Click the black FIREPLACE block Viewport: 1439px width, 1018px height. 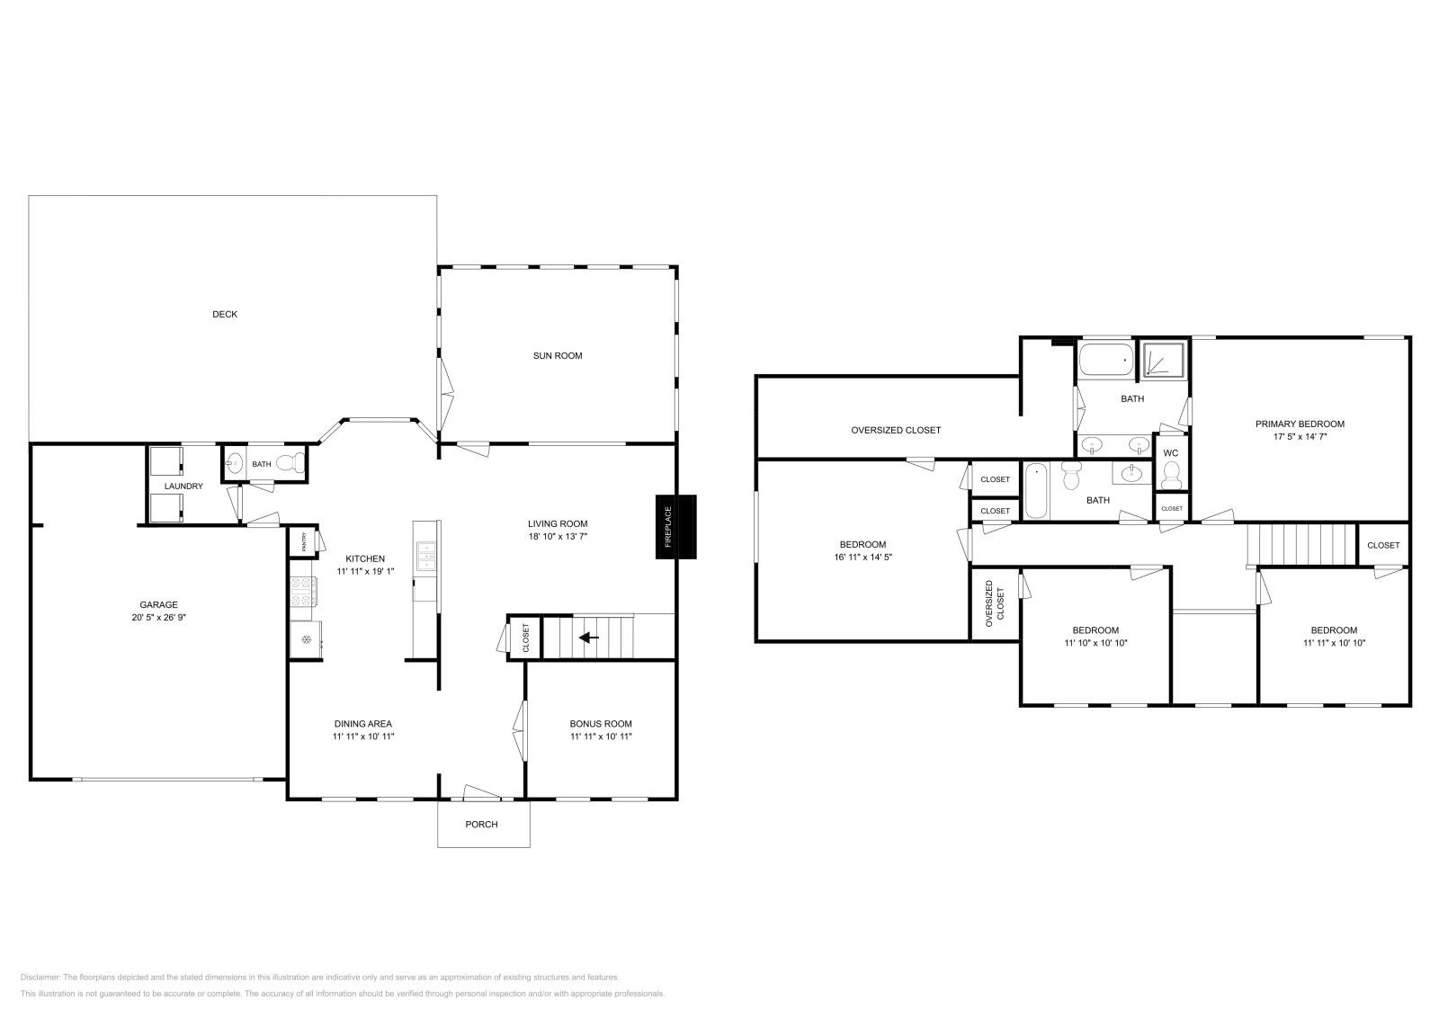click(x=675, y=527)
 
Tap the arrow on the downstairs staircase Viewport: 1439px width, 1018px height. click(x=589, y=638)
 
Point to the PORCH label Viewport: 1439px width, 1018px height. click(x=481, y=824)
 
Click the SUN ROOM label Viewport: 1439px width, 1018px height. click(x=558, y=355)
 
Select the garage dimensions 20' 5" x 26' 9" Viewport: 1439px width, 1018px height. click(x=158, y=618)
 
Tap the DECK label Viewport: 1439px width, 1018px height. click(x=225, y=314)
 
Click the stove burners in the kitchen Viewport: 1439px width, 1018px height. click(x=304, y=592)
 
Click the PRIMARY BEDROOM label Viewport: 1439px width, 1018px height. click(x=1300, y=424)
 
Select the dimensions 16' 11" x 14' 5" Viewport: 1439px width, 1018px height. click(x=863, y=557)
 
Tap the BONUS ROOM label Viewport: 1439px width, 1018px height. click(x=601, y=723)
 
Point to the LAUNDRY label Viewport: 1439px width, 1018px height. click(x=183, y=486)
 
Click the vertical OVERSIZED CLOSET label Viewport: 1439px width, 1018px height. click(x=994, y=603)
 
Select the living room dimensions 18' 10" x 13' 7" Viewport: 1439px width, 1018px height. click(x=558, y=536)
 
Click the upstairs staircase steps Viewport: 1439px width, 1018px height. click(x=1300, y=544)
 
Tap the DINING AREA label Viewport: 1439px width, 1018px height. click(x=363, y=723)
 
